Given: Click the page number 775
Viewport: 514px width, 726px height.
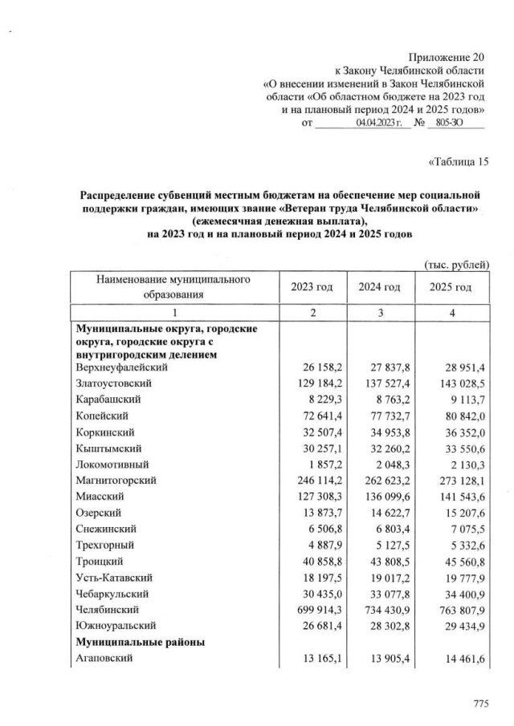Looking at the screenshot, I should click(480, 704).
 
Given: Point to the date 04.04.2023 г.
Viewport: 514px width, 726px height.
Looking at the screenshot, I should click(379, 122).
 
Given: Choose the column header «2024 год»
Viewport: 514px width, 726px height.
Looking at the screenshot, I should click(379, 286).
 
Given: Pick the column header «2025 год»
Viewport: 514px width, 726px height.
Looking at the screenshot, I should click(450, 286).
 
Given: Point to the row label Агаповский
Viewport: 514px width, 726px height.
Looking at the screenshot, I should click(104, 659).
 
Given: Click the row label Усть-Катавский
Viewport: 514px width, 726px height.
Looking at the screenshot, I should click(113, 577).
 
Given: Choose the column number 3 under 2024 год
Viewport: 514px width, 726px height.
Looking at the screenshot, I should click(379, 312).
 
